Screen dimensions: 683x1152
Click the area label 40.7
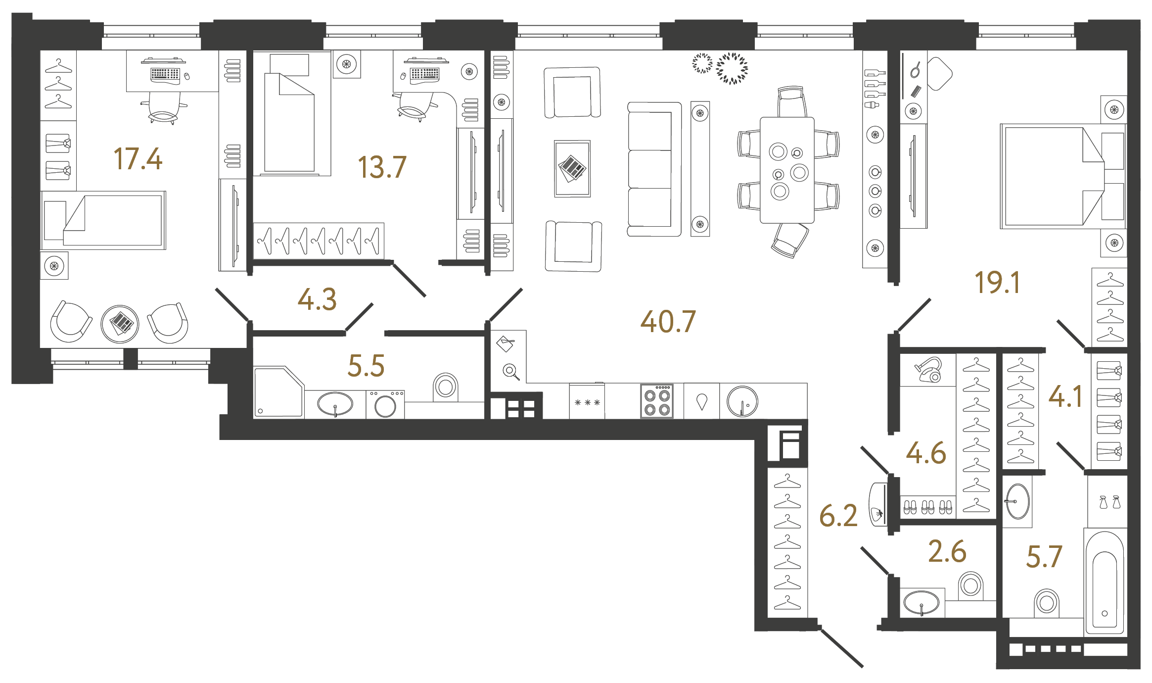click(x=668, y=322)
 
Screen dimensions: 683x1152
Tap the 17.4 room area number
click(x=138, y=159)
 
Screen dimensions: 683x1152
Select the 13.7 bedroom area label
click(x=382, y=167)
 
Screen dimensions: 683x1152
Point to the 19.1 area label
click(x=997, y=283)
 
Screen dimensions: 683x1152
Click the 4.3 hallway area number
click(x=317, y=300)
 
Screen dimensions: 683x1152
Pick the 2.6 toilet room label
click(x=947, y=552)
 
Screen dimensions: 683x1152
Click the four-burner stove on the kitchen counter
click(x=657, y=401)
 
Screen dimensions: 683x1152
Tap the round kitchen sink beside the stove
click(x=742, y=401)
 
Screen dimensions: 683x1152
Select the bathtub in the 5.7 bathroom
click(x=1105, y=584)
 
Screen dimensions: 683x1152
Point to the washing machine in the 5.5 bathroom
click(x=385, y=405)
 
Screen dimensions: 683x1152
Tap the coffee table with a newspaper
click(x=572, y=169)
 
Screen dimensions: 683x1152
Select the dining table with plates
click(x=787, y=170)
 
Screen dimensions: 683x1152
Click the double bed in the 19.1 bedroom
click(x=1054, y=176)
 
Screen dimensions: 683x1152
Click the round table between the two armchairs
click(x=120, y=324)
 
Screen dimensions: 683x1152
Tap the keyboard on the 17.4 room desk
click(x=165, y=74)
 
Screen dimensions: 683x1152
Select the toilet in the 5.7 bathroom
click(x=1046, y=603)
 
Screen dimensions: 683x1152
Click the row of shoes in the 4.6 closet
click(x=927, y=507)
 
